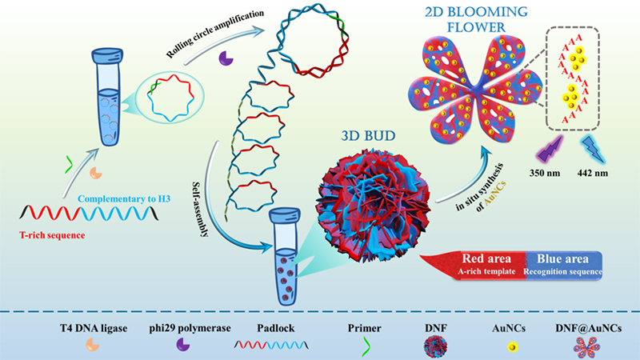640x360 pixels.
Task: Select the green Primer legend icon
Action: click(x=366, y=345)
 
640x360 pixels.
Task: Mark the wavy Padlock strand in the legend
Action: click(x=270, y=345)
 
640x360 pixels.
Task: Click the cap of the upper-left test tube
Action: click(x=106, y=57)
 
